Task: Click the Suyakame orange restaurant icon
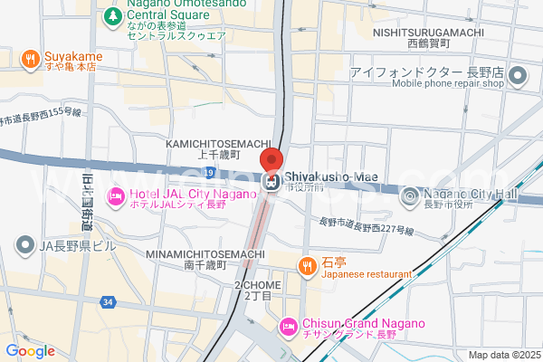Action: pos(30,60)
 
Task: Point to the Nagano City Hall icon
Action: pos(410,195)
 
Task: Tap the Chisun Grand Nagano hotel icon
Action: pos(288,325)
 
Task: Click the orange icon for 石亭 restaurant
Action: pos(307,264)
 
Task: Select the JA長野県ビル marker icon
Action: pos(25,244)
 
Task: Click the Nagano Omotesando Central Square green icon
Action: pos(112,16)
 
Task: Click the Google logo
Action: pos(30,351)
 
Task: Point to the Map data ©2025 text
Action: pos(502,355)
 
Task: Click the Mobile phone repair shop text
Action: pos(447,84)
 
